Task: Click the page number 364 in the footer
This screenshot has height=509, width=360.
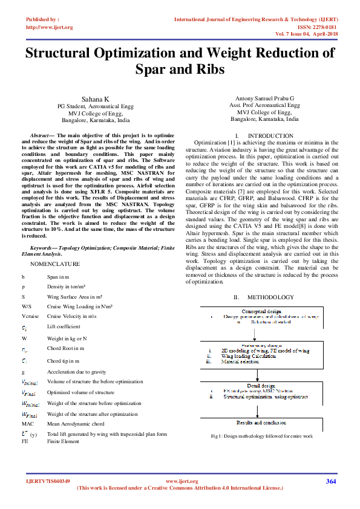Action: tap(330, 481)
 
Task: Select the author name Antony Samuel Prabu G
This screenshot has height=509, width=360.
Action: tap(264, 98)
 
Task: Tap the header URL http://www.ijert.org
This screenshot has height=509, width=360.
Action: tap(50, 27)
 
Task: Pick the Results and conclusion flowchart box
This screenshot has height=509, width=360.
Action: tap(261, 423)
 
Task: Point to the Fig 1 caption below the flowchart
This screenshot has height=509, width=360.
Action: tap(261, 435)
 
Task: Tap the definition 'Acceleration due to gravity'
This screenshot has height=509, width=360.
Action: tap(76, 372)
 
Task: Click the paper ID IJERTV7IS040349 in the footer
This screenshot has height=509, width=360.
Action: tap(48, 481)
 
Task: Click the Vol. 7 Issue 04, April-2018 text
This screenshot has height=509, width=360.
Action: tap(306, 34)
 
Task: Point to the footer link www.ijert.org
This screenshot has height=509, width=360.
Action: tap(182, 481)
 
